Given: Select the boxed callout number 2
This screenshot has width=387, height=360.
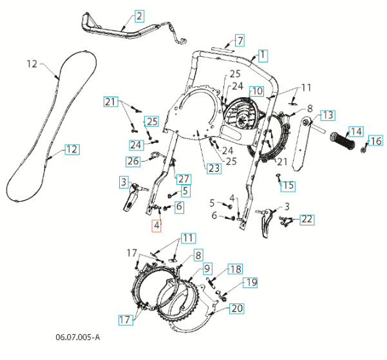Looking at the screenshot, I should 139,15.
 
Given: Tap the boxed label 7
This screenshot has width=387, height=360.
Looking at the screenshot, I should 239,41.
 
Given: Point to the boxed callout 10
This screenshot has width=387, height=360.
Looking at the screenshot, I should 256,91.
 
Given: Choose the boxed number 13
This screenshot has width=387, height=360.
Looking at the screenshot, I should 328,115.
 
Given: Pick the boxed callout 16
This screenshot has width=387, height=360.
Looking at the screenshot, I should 375,140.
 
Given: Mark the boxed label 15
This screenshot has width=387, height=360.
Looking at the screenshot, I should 288,185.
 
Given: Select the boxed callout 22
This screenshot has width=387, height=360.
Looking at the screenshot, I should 307,220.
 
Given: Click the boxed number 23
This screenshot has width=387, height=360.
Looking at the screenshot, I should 214,169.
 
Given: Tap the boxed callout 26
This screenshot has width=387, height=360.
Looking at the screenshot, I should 133,160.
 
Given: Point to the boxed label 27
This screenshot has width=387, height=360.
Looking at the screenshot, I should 184,178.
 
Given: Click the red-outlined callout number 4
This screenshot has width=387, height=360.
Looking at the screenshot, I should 156,225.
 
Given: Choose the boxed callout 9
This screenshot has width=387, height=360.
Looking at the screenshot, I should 207,268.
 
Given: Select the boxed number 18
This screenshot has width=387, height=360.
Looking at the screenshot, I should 235,269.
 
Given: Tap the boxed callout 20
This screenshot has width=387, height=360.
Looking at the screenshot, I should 237,308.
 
